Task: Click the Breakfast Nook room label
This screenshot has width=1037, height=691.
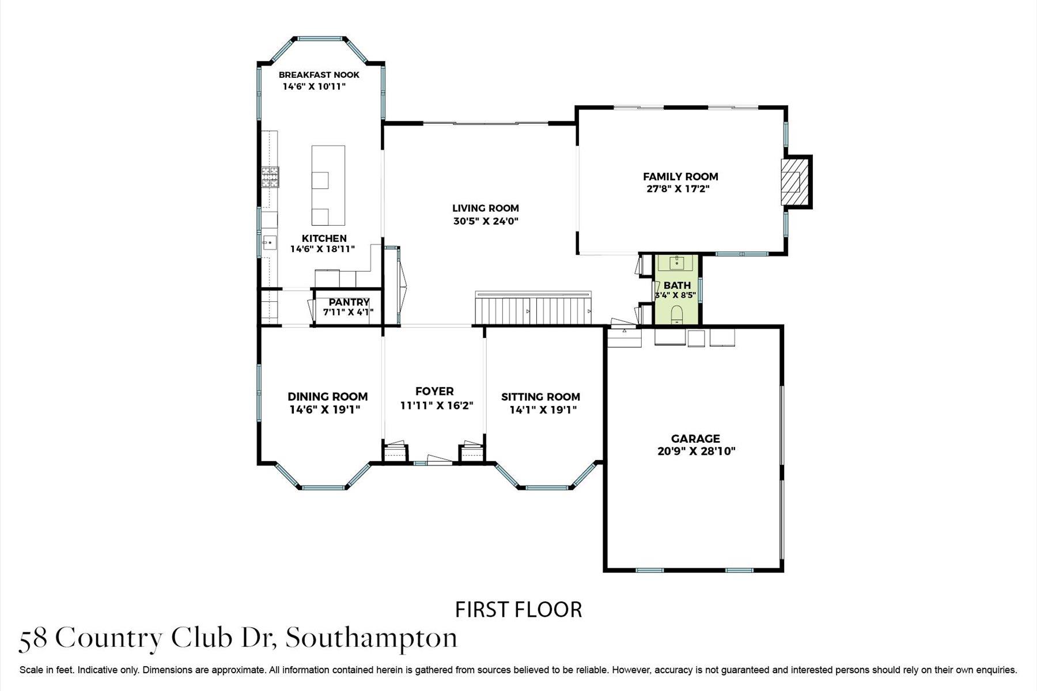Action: click(x=319, y=75)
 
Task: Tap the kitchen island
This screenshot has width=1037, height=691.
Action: click(x=328, y=185)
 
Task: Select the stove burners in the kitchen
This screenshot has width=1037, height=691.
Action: click(x=270, y=177)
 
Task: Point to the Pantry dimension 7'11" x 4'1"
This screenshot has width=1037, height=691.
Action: click(x=348, y=312)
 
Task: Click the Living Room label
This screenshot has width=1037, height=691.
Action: click(x=485, y=208)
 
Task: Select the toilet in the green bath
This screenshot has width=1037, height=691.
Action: click(x=677, y=314)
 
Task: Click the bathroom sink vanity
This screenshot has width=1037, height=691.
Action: click(x=677, y=264)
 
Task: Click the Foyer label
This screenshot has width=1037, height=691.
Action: click(x=434, y=392)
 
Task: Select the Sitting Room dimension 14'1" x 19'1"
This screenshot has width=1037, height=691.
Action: click(x=543, y=410)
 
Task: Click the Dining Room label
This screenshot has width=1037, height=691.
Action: click(x=327, y=397)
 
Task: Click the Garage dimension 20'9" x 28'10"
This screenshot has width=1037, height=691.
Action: click(x=696, y=451)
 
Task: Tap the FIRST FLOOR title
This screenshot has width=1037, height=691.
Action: click(x=518, y=609)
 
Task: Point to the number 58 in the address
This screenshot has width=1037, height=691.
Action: click(x=33, y=639)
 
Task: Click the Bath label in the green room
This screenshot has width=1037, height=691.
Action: click(x=677, y=286)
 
